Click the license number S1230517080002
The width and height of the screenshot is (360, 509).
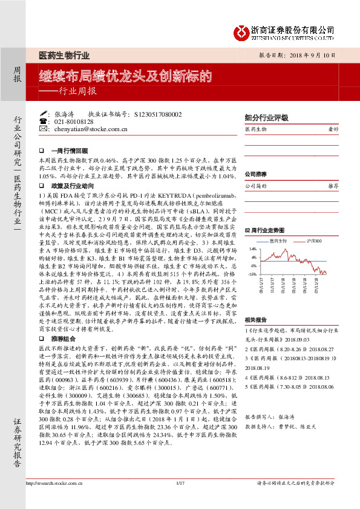coord(154,114)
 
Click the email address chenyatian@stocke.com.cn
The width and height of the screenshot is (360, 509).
coord(90,129)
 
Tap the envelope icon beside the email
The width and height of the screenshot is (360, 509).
coord(43,129)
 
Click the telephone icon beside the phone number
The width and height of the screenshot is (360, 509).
coord(43,122)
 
